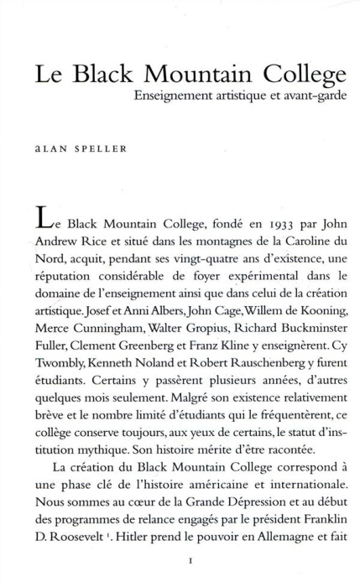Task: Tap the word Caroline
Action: tap(292, 248)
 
